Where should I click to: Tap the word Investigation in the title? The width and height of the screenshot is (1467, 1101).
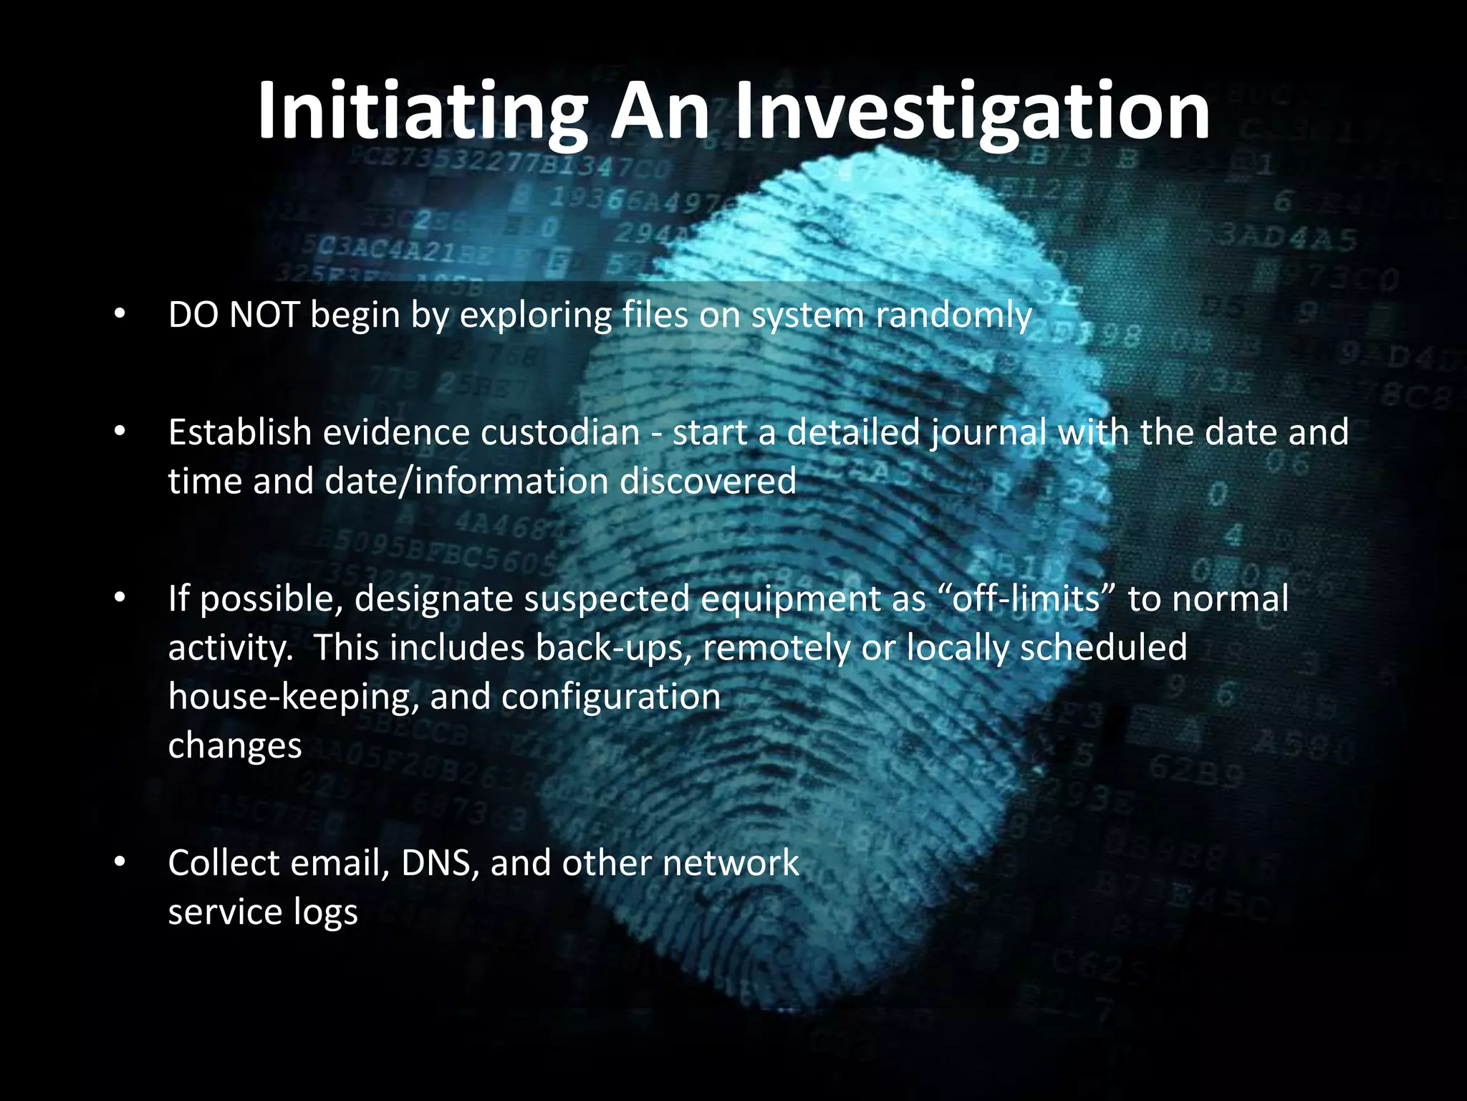972,112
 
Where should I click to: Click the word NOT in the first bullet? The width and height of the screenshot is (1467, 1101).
264,315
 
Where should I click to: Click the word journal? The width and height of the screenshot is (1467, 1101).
989,433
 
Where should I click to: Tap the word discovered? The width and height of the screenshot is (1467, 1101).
708,481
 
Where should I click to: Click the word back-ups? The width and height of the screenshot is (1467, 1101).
614,647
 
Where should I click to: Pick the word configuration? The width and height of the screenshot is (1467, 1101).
611,697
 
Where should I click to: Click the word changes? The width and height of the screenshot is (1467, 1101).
235,745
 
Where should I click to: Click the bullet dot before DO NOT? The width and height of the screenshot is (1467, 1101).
120,315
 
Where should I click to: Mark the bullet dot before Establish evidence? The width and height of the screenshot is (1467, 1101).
120,432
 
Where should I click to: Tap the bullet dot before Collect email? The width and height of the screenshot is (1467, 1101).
120,862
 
